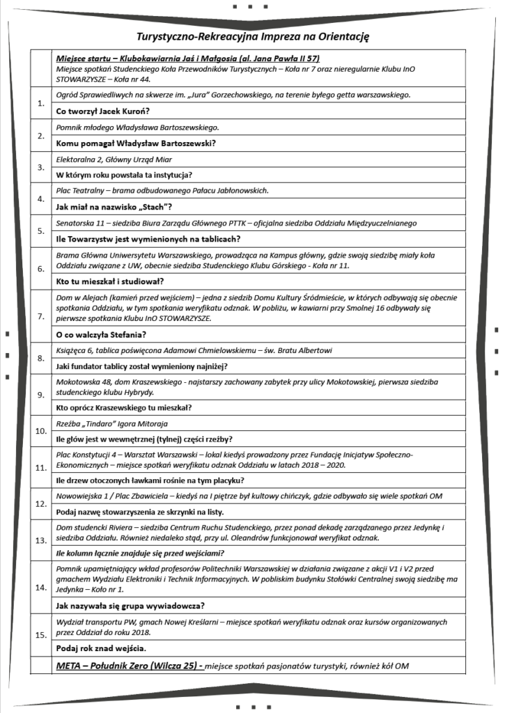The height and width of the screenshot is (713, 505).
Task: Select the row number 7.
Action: tap(40, 315)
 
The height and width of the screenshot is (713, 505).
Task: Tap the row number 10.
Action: tap(40, 431)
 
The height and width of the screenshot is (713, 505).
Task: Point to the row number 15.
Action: tap(40, 634)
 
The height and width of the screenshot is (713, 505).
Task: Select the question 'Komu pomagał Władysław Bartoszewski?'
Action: tap(135, 143)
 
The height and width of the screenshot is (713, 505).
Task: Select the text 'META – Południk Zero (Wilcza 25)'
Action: tap(129, 666)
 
